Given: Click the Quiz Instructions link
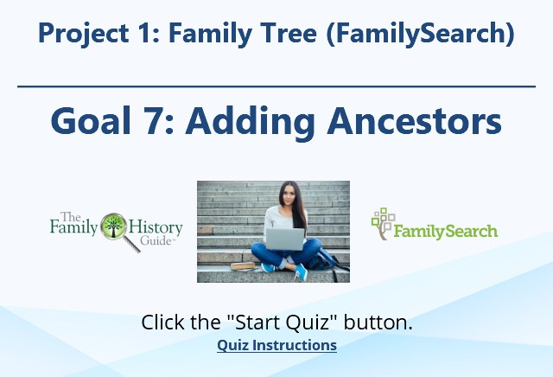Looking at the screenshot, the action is pyautogui.click(x=276, y=345).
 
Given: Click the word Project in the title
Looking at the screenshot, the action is pyautogui.click(x=83, y=33).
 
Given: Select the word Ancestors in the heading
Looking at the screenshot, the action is pyautogui.click(x=415, y=121).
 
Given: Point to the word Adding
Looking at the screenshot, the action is pyautogui.click(x=250, y=122).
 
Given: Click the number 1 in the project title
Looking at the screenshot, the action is pyautogui.click(x=145, y=33).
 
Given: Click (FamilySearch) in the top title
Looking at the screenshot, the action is pyautogui.click(x=421, y=34).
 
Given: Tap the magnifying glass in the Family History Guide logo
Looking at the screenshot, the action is pyautogui.click(x=118, y=230).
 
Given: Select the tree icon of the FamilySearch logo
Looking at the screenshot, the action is pyautogui.click(x=383, y=223).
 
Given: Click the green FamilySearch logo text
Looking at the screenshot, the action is pyautogui.click(x=446, y=232).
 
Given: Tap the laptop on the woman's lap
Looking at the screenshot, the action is pyautogui.click(x=285, y=239).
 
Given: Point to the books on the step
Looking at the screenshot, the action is pyautogui.click(x=243, y=266).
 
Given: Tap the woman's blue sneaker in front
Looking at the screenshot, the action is pyautogui.click(x=301, y=272).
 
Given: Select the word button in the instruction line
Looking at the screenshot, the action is pyautogui.click(x=378, y=322).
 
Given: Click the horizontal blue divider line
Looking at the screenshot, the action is pyautogui.click(x=276, y=86).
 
